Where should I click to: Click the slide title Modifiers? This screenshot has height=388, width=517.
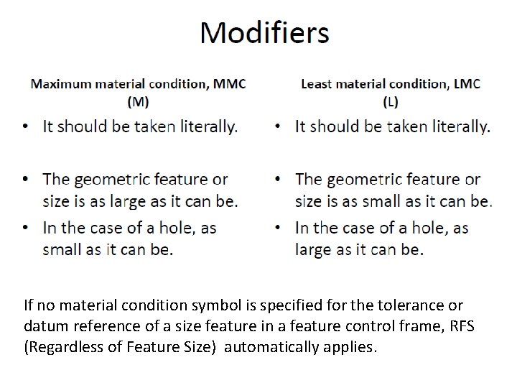tap(264, 33)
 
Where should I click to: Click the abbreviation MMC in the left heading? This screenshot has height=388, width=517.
tap(230, 83)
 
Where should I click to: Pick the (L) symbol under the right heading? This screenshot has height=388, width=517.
tap(390, 101)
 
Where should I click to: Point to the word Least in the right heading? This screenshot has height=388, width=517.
tap(316, 83)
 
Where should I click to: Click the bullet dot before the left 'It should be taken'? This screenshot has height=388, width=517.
tap(27, 128)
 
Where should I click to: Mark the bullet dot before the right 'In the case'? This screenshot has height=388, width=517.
tap(279, 229)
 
